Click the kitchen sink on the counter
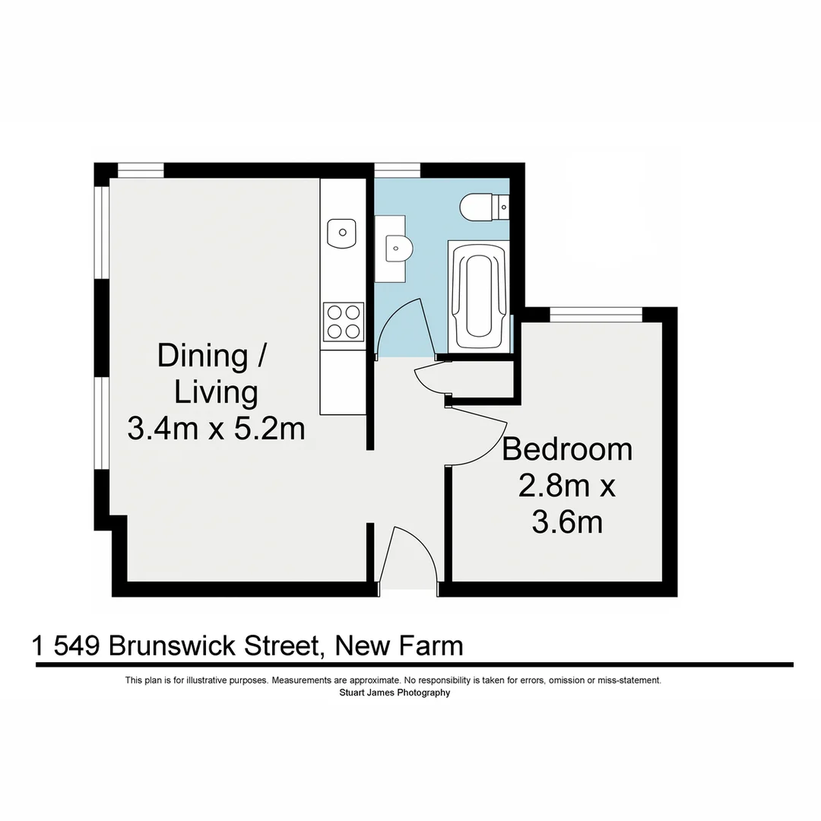[x=341, y=233]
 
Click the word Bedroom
[x=567, y=449]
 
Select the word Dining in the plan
[x=202, y=356]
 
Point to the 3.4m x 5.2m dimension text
[x=216, y=430]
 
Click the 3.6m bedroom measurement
[x=567, y=523]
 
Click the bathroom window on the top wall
[x=397, y=170]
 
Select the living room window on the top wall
[x=141, y=170]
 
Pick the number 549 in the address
[x=78, y=646]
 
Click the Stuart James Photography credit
[x=393, y=693]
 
